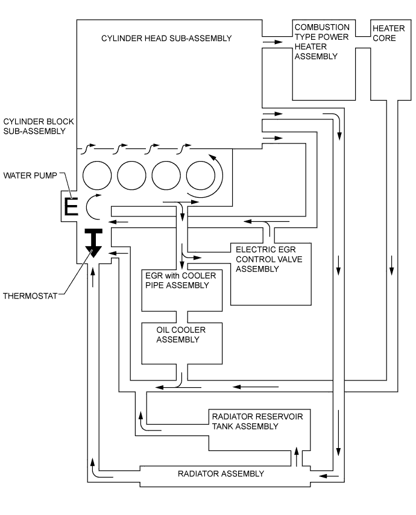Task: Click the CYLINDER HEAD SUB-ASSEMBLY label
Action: [166, 39]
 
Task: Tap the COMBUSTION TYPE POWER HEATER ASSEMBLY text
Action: [321, 42]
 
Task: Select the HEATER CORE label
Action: [385, 33]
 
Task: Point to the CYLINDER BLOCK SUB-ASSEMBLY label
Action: [34, 125]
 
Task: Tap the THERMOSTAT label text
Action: [30, 295]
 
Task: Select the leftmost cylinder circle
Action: [97, 176]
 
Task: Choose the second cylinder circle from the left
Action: [131, 176]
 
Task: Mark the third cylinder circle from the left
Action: [166, 176]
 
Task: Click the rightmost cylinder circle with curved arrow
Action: [201, 176]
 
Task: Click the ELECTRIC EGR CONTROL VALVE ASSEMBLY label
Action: [269, 259]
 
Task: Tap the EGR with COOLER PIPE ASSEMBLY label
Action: [176, 280]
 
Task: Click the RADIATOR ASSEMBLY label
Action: [221, 473]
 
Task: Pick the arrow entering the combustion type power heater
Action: [273, 42]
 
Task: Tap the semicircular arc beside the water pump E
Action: [92, 206]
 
